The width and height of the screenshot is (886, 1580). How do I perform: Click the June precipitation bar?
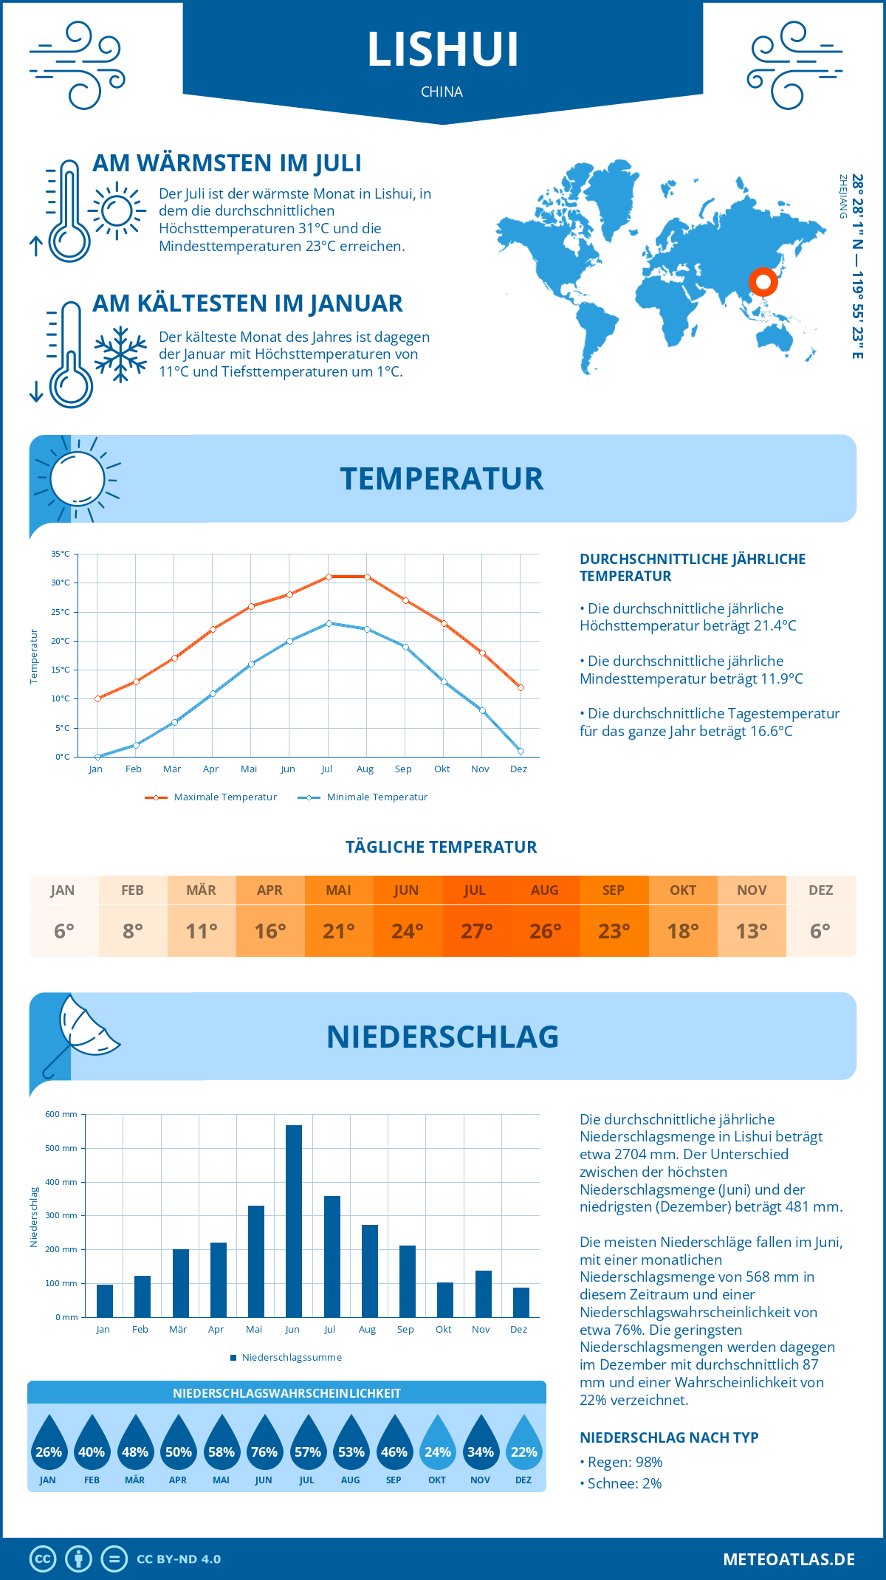pyautogui.click(x=294, y=1221)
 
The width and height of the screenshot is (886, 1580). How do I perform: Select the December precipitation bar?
pyautogui.click(x=521, y=1302)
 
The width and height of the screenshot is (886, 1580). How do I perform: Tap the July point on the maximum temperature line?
pyautogui.click(x=329, y=577)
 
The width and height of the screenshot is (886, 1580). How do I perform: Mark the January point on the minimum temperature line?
pyautogui.click(x=97, y=757)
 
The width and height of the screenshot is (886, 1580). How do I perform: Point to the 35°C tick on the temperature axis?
pyautogui.click(x=61, y=554)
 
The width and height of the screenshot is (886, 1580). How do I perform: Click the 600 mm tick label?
pyautogui.click(x=61, y=1114)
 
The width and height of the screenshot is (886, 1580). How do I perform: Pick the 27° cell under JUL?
pyautogui.click(x=476, y=931)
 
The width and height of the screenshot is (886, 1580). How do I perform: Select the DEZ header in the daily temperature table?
pyautogui.click(x=820, y=890)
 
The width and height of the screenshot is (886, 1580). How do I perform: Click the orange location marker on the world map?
pyautogui.click(x=763, y=281)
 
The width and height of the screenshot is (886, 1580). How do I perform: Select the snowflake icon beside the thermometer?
pyautogui.click(x=120, y=354)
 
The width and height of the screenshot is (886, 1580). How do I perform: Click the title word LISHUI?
pyautogui.click(x=443, y=50)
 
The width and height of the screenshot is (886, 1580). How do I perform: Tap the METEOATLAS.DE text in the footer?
pyautogui.click(x=789, y=1559)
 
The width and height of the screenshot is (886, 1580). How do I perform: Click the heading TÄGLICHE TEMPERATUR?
pyautogui.click(x=442, y=848)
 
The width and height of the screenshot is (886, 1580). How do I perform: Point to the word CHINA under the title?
pyautogui.click(x=442, y=92)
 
